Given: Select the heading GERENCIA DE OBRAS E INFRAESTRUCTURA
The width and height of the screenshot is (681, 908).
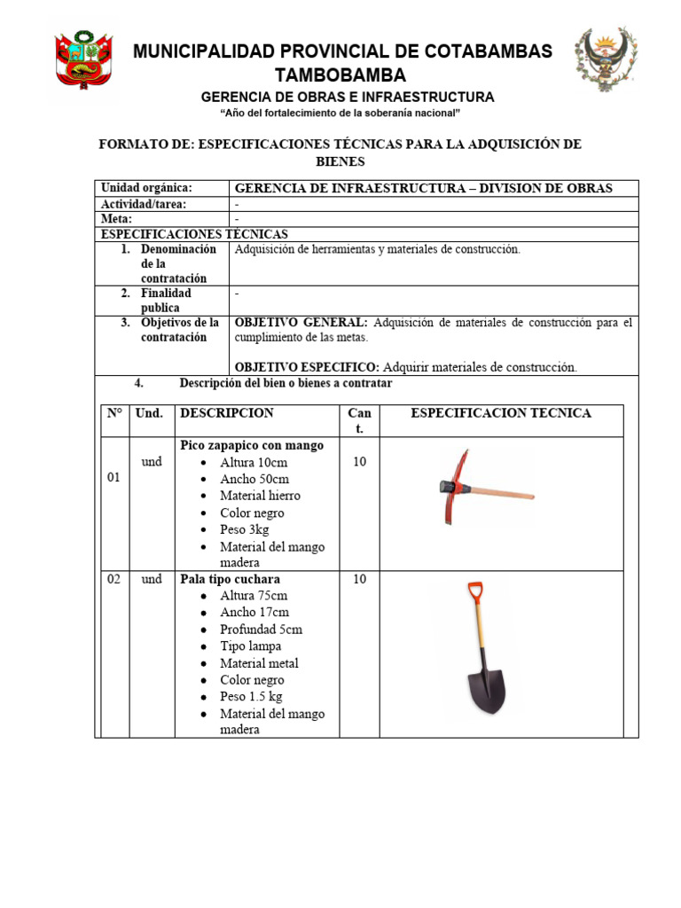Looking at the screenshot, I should pyautogui.click(x=348, y=97).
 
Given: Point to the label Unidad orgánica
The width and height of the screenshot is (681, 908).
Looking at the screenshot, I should pyautogui.click(x=146, y=188).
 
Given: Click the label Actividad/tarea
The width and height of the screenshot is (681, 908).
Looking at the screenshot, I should pyautogui.click(x=143, y=204).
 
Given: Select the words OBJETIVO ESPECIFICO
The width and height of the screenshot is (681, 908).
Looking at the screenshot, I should pyautogui.click(x=307, y=367).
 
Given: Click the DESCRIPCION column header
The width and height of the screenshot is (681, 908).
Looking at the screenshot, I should pyautogui.click(x=227, y=413).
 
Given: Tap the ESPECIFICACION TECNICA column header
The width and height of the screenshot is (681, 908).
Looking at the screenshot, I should pyautogui.click(x=501, y=413).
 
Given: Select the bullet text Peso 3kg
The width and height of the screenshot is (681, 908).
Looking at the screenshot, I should pyautogui.click(x=244, y=529).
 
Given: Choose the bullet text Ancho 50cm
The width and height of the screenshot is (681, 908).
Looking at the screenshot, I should pyautogui.click(x=254, y=479).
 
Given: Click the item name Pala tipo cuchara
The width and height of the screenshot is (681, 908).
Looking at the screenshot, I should pyautogui.click(x=230, y=579).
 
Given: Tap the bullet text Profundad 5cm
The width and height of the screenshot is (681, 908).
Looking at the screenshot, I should pyautogui.click(x=261, y=630).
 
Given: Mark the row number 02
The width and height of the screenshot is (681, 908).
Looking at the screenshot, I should pyautogui.click(x=114, y=579).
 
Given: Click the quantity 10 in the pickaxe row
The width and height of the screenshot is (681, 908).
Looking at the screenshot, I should pyautogui.click(x=359, y=462).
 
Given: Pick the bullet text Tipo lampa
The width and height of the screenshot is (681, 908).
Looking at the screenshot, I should pyautogui.click(x=251, y=646).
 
